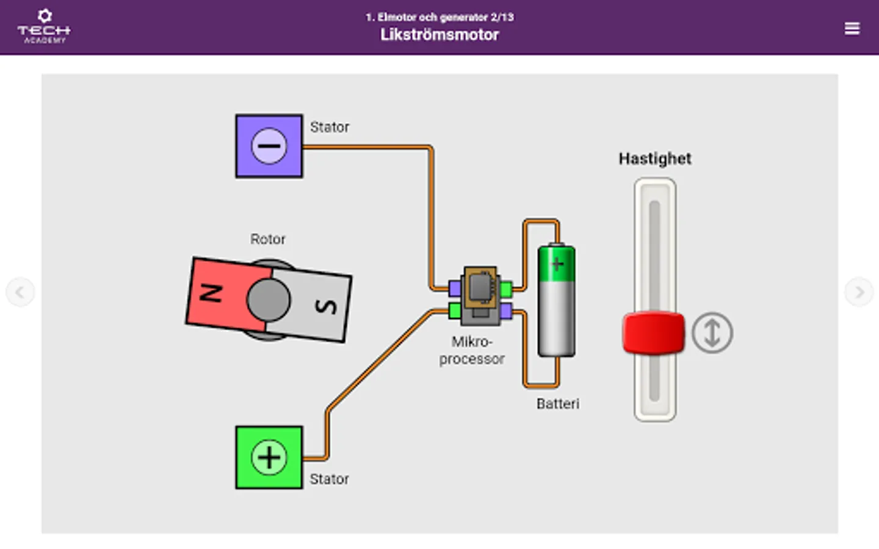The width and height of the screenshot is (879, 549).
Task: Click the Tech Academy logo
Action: (x=44, y=27)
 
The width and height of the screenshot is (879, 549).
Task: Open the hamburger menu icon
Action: (x=852, y=29)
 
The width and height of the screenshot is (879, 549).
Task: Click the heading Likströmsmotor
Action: (x=440, y=35)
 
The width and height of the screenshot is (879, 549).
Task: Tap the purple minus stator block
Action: (x=269, y=146)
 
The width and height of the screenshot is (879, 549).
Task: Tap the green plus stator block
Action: (x=269, y=457)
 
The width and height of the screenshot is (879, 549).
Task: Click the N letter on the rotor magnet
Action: (x=211, y=293)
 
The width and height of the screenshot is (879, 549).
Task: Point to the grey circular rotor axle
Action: (x=269, y=300)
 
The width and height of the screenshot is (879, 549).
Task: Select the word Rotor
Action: (x=267, y=239)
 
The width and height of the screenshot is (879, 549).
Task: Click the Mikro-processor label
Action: (x=472, y=350)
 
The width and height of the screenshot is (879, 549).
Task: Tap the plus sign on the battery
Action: (x=557, y=264)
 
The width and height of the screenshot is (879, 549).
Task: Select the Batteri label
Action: (x=558, y=404)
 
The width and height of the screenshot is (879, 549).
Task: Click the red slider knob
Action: (x=654, y=333)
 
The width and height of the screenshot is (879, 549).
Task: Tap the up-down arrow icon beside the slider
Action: (x=712, y=333)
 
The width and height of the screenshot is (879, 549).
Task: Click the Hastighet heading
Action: (x=655, y=159)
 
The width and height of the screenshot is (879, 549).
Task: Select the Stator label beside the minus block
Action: (x=330, y=127)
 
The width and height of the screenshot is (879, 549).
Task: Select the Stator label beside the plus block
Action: (x=330, y=479)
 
